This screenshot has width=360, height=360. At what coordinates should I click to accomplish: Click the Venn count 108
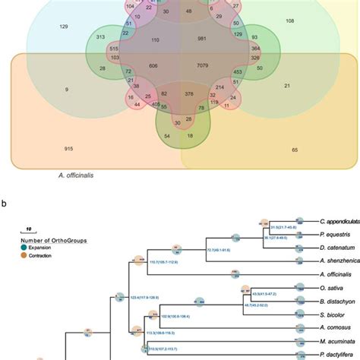click(289, 21)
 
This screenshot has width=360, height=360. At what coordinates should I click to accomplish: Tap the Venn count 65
click(295, 150)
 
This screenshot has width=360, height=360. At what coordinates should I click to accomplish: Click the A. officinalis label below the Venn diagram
click(79, 174)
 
